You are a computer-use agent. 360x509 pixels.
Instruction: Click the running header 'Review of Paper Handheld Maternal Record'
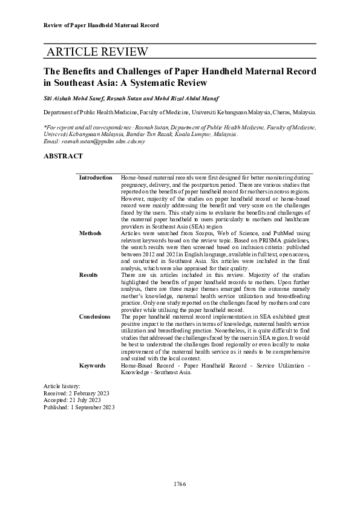click(x=102, y=25)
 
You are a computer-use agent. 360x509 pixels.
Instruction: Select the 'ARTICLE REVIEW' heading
click(x=96, y=52)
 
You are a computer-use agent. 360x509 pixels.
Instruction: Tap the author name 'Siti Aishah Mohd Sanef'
click(x=74, y=97)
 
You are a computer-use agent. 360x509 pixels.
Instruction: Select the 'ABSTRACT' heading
click(x=63, y=156)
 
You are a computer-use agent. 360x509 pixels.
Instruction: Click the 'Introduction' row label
click(x=96, y=178)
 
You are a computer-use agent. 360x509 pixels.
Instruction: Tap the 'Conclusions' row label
click(x=95, y=316)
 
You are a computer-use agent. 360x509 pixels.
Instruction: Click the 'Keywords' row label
click(x=93, y=366)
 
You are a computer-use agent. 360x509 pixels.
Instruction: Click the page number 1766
click(x=179, y=484)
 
